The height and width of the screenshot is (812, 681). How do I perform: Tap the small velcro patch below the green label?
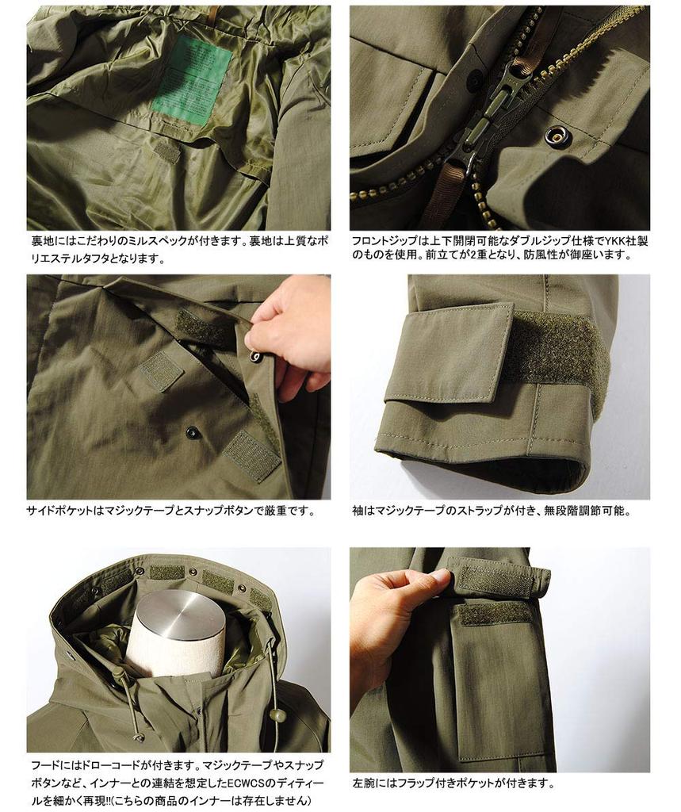coord(167,151)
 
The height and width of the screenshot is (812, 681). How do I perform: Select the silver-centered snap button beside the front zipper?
coord(557,136)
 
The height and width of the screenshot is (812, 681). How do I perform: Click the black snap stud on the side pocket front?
coord(192,432)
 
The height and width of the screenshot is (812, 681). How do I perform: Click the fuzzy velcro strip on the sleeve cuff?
coord(560,349)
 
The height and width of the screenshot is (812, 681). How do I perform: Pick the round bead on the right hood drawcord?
coord(277,715)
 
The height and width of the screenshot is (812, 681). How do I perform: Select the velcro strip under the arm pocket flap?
coord(496,612)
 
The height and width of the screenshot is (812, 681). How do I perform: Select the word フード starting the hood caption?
coord(44,767)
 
